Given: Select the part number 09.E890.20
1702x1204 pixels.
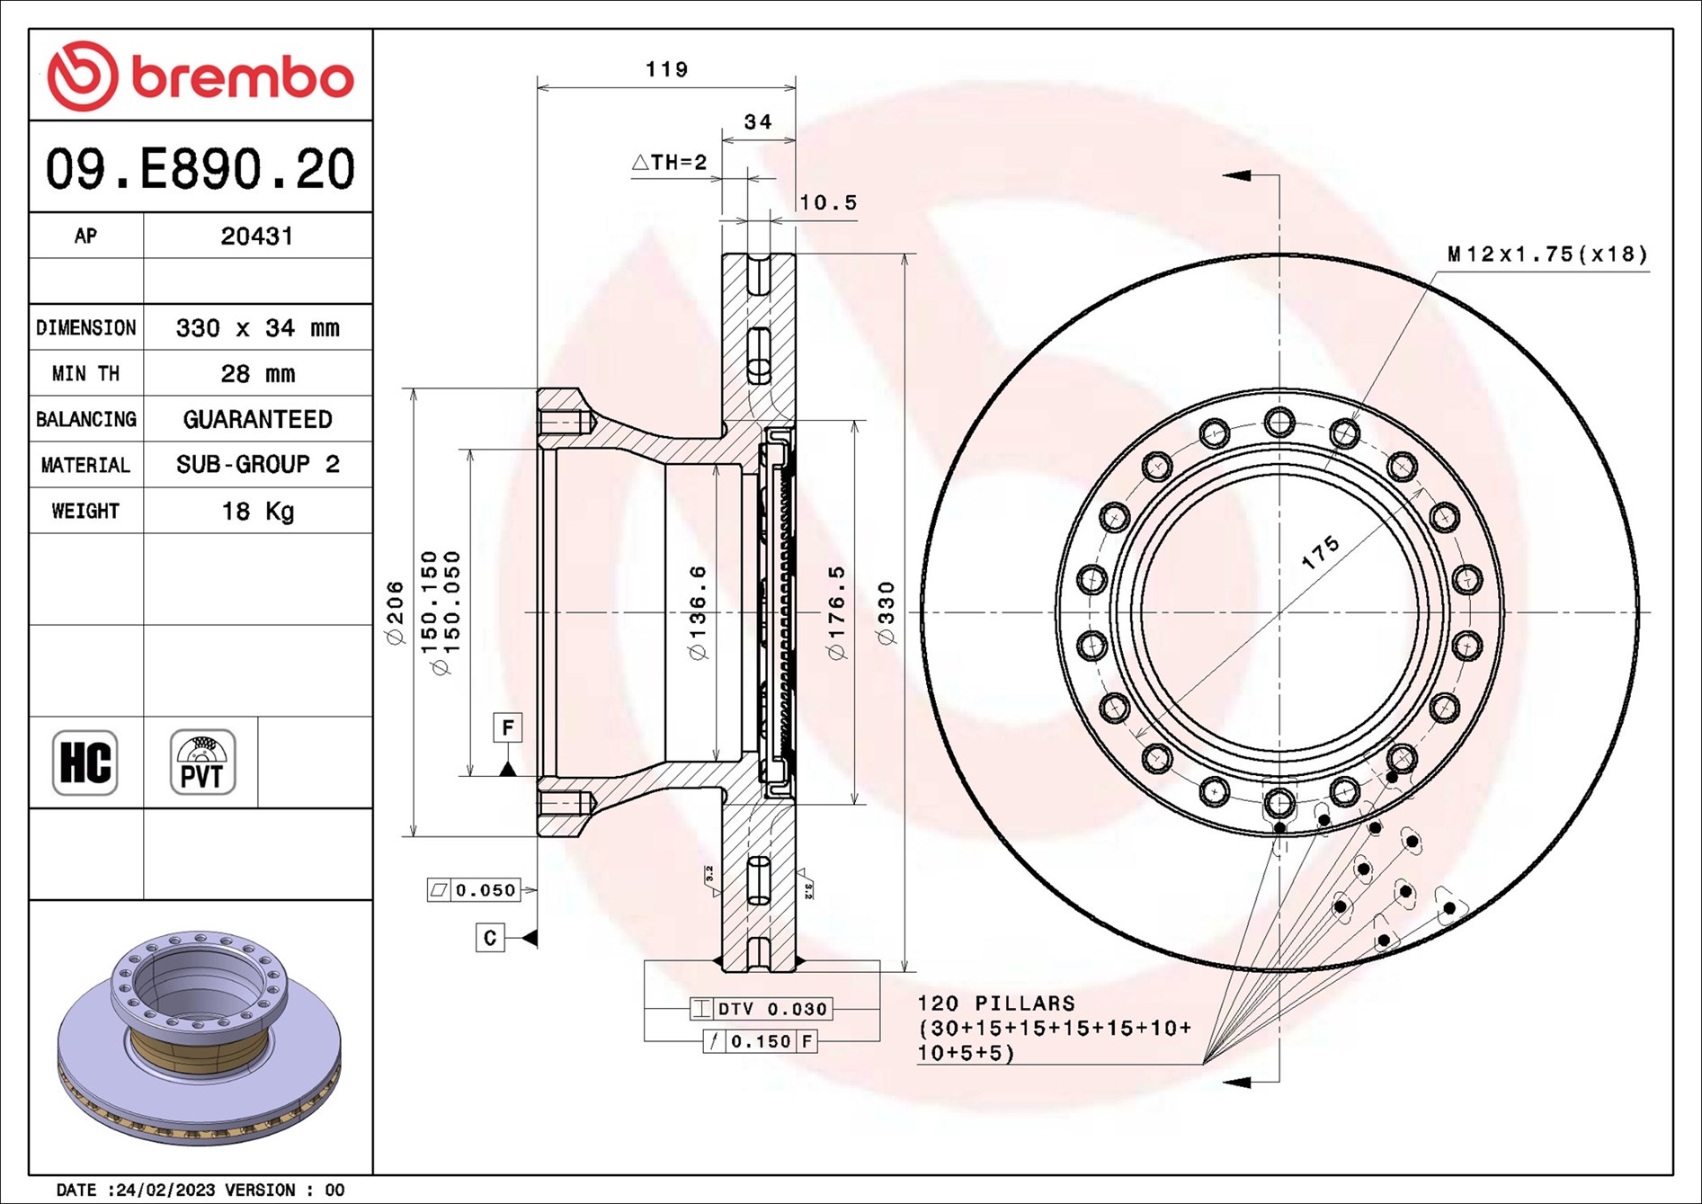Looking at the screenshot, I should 200,169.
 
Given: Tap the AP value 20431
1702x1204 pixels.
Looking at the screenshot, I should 257,236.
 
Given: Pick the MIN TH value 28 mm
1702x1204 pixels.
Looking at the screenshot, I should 257,374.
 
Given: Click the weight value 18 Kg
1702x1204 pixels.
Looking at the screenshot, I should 257,512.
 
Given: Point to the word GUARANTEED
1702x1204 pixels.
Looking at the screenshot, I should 257,420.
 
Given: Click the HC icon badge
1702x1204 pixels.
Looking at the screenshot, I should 85,763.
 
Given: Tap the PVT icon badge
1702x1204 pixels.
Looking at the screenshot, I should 202,763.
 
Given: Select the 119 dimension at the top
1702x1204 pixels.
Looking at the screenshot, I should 666,70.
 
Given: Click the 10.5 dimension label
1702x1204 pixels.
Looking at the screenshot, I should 828,203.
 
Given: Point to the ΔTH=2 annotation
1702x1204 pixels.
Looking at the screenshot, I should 670,163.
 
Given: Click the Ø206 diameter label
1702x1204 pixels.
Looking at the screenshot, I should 395,612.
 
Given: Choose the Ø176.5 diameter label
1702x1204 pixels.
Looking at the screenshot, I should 836,612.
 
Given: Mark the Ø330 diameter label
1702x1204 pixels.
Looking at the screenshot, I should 887,612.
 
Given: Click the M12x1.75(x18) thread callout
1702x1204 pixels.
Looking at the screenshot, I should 1547,254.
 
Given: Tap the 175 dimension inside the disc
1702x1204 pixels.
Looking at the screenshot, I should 1320,552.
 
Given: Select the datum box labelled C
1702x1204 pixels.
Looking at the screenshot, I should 490,938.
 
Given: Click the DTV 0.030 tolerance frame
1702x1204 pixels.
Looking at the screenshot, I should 761,1009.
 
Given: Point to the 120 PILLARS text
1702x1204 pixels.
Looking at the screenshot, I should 995,1003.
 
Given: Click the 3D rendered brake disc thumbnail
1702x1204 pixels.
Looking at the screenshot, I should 200,1038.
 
